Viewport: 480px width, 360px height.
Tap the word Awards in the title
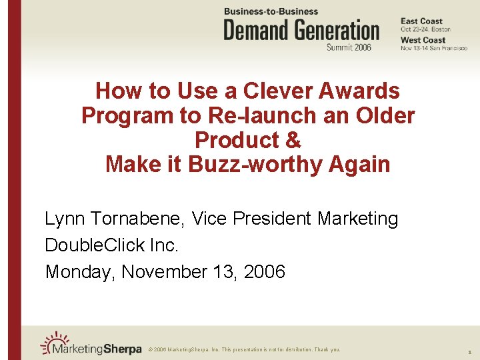(360, 91)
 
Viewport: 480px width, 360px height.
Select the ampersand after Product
(294, 140)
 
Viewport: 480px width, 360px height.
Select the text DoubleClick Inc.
(111, 245)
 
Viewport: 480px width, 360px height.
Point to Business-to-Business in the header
(271, 11)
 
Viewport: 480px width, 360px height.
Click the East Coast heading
(421, 21)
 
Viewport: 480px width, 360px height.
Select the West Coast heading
(423, 40)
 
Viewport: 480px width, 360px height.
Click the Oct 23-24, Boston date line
(425, 29)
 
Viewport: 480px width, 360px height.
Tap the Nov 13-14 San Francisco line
(433, 48)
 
